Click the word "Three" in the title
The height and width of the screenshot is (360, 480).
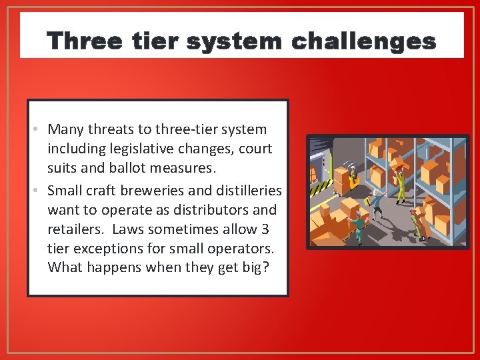84,41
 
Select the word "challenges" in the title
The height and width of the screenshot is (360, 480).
364,41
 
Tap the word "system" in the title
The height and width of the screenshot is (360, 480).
234,41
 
